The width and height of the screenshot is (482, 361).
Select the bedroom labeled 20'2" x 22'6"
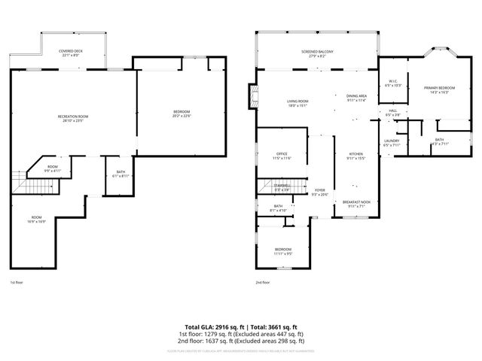coord(182,113)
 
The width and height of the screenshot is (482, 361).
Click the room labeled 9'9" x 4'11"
coord(52,168)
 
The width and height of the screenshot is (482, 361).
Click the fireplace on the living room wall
coord(252,96)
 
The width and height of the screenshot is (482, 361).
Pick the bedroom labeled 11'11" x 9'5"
coord(282,250)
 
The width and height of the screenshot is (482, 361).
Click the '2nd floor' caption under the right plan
coord(263,283)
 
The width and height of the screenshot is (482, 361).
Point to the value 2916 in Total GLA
coord(224,327)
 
